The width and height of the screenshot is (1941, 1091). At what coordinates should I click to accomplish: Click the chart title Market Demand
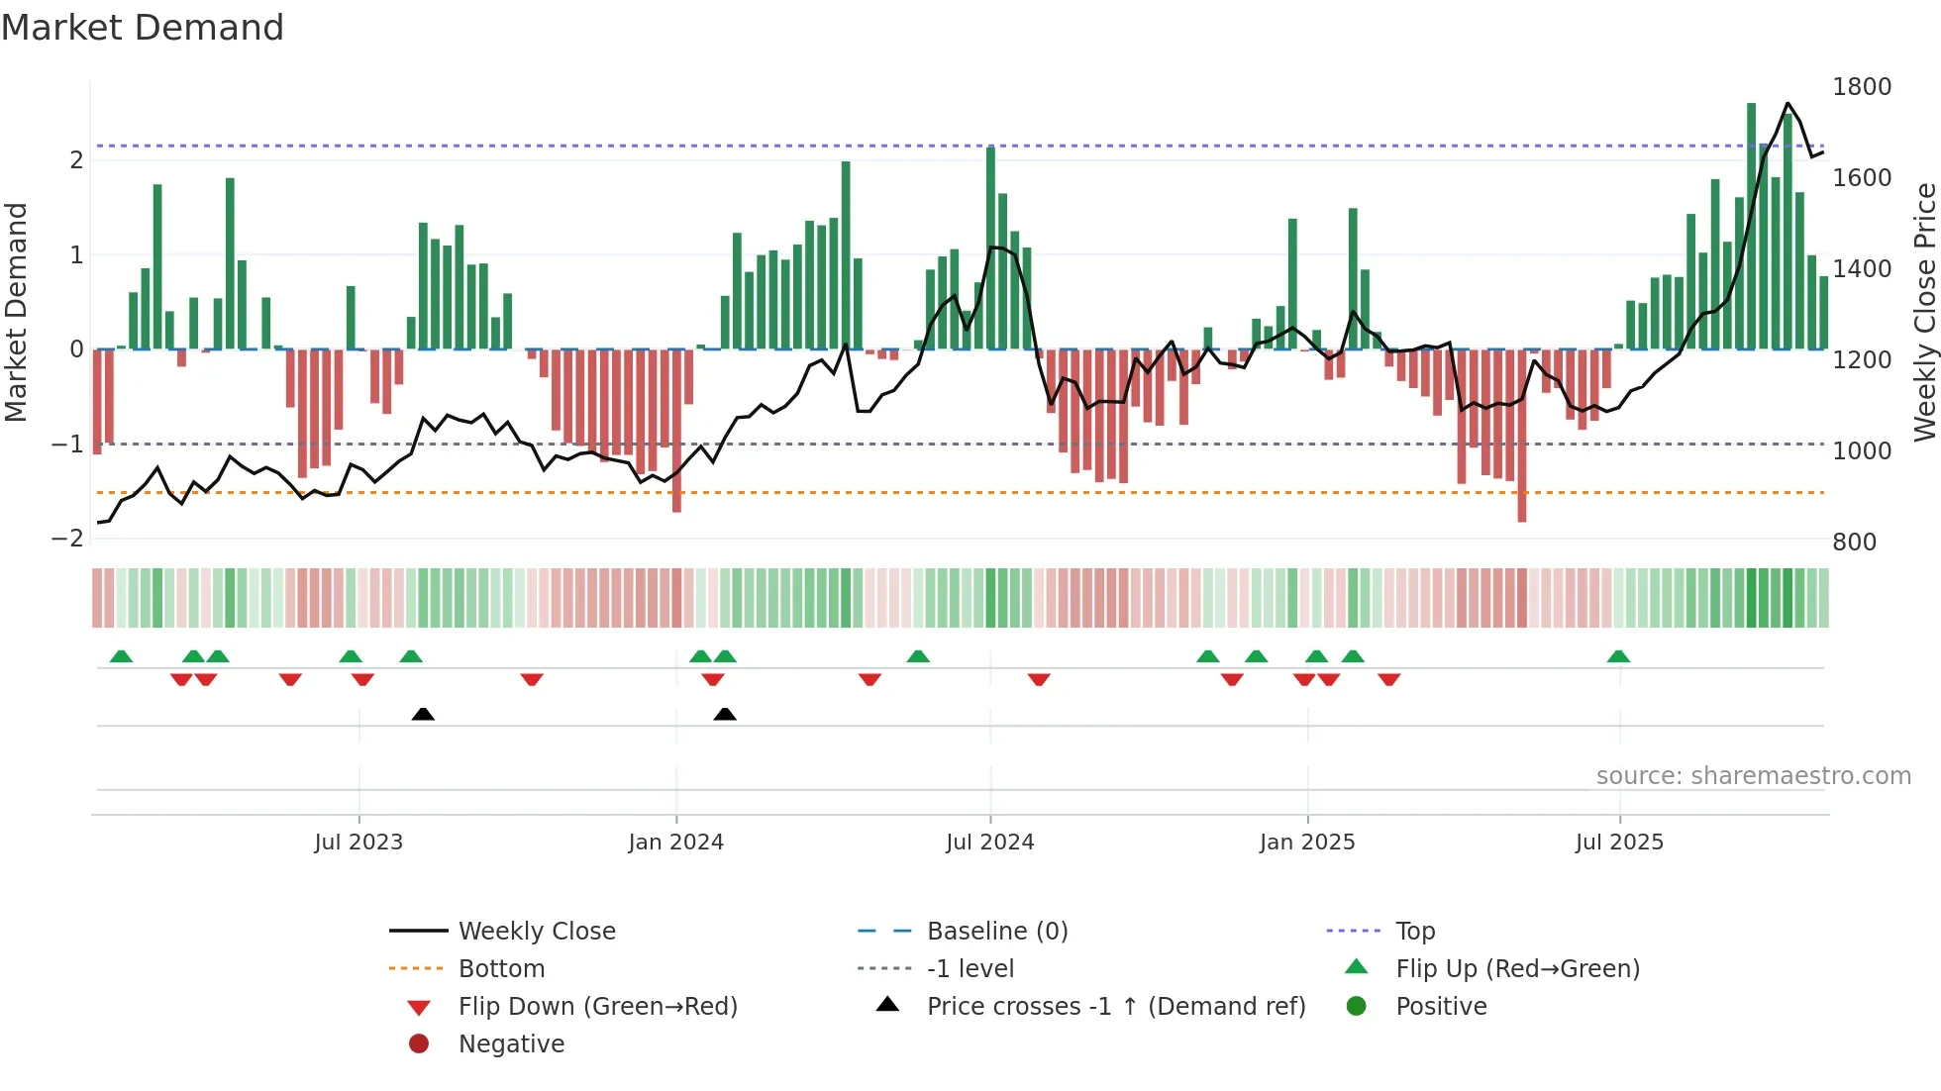point(143,28)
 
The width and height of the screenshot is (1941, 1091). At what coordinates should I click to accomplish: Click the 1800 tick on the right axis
point(1861,87)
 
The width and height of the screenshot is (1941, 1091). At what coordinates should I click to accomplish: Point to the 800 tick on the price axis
point(1854,543)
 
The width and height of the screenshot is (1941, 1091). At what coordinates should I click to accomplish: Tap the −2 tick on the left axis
point(67,539)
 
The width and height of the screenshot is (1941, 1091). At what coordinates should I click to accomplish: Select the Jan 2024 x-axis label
point(675,843)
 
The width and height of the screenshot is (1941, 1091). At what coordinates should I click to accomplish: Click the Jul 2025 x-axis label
point(1619,843)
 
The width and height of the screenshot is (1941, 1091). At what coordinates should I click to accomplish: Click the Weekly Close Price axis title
point(1924,312)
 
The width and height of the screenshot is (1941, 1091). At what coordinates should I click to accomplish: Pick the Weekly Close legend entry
point(536,932)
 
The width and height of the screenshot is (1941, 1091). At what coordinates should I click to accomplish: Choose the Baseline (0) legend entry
point(996,932)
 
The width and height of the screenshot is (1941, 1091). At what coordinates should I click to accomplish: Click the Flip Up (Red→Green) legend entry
point(1516,969)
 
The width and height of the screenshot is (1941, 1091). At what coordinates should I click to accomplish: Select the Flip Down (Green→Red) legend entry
point(597,1007)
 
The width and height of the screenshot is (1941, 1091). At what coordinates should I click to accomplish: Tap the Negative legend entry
point(511,1044)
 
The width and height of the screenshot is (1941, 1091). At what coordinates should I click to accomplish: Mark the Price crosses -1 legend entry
point(1115,1007)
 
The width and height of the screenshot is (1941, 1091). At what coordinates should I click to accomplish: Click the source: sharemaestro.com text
point(1753,776)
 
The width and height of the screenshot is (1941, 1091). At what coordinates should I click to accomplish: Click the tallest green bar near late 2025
point(1751,228)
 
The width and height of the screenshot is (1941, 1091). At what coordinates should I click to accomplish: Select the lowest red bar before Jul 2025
point(1521,436)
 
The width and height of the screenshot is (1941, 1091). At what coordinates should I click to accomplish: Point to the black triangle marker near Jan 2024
point(725,714)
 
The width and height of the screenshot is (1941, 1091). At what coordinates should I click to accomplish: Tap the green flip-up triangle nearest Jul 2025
point(1618,656)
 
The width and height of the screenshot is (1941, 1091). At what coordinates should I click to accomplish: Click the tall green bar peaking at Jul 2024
point(990,248)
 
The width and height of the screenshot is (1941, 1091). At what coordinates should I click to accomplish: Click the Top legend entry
point(1414,932)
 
